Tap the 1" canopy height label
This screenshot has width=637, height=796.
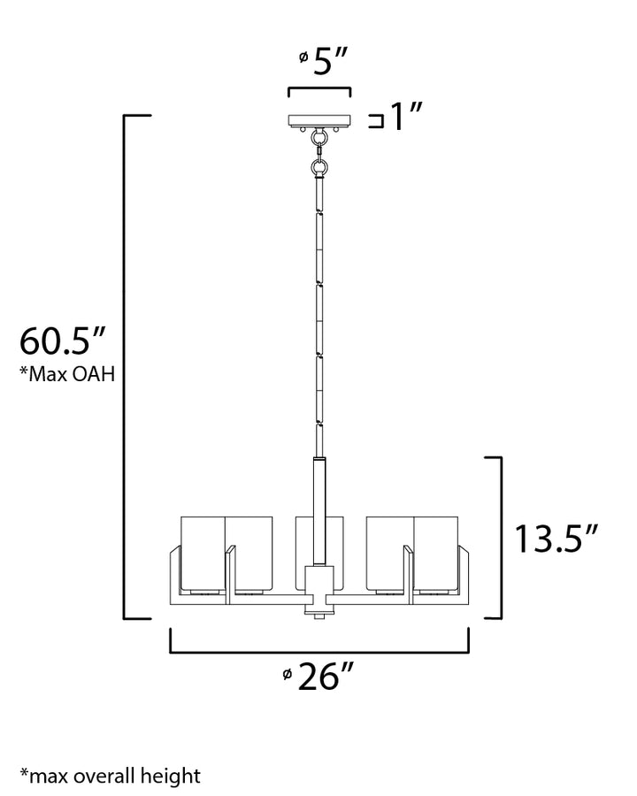pos(408,118)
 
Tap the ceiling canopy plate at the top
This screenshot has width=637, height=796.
pos(319,121)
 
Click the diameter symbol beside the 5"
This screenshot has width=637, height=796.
pos(303,57)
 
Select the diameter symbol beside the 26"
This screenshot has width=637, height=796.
pos(288,675)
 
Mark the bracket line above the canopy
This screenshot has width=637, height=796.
pos(319,90)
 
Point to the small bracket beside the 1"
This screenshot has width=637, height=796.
pos(376,120)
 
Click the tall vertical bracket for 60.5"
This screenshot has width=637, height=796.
pos(125,366)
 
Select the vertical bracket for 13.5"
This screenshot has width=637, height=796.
pos(500,537)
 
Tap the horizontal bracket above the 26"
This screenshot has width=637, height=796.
pos(319,650)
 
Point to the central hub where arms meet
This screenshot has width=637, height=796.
pos(318,588)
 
